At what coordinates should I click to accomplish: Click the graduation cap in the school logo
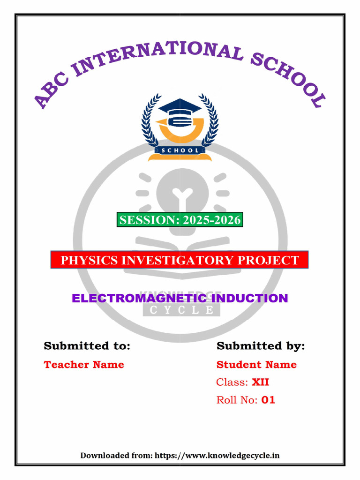tap(180, 107)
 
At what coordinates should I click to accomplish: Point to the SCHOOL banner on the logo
tap(180, 150)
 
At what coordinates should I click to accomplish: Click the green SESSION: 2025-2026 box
tap(180, 219)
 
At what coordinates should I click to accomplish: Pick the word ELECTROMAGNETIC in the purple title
tap(139, 298)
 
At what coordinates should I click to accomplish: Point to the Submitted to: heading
tap(87, 346)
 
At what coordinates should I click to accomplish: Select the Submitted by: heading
tap(261, 346)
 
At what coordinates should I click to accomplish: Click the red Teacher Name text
tap(84, 365)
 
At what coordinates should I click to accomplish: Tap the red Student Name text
tap(256, 365)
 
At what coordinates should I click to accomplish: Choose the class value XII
tap(261, 382)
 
